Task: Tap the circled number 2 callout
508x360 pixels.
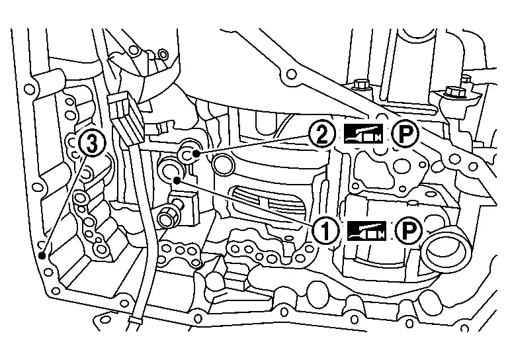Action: pyautogui.click(x=321, y=135)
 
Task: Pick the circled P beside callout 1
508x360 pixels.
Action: pyautogui.click(x=408, y=230)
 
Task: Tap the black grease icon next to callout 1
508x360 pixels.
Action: pyautogui.click(x=364, y=230)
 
